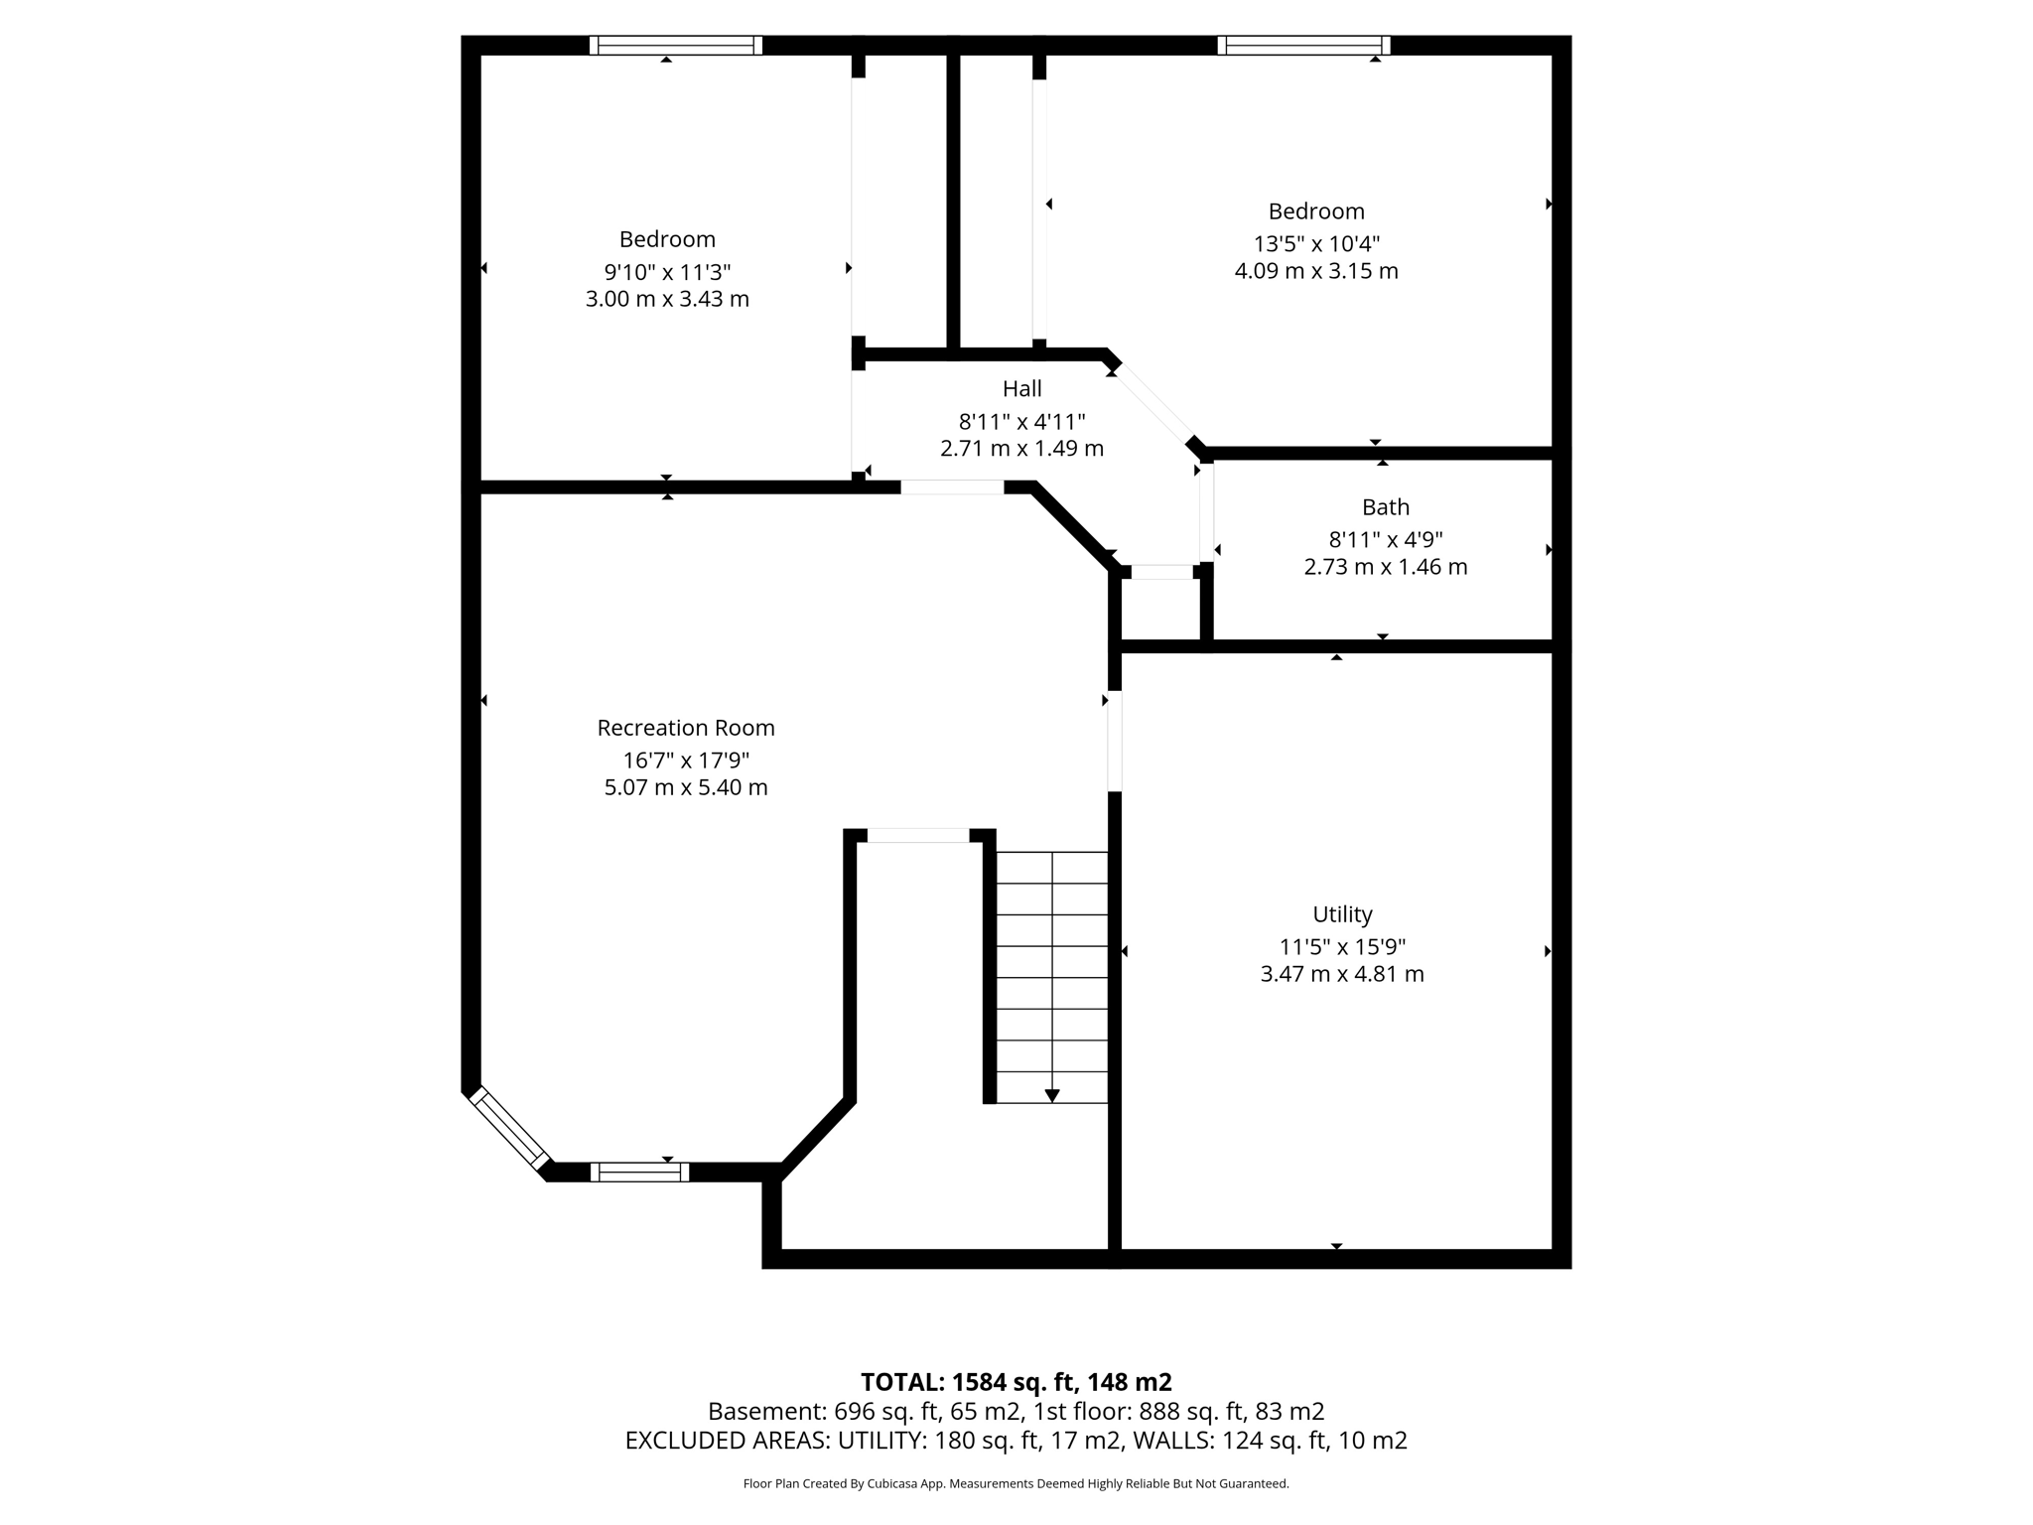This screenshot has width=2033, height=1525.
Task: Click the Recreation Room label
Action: tap(685, 728)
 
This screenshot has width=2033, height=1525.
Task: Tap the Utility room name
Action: tap(1342, 914)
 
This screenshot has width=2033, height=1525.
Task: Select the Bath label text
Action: tap(1385, 507)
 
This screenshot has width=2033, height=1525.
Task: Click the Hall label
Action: tap(1021, 388)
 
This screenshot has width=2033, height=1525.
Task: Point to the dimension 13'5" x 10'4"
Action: tap(1316, 243)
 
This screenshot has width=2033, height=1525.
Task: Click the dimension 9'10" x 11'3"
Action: tap(667, 271)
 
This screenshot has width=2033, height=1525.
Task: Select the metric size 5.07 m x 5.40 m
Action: tap(685, 787)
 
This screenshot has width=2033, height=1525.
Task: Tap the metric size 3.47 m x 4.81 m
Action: tap(1342, 974)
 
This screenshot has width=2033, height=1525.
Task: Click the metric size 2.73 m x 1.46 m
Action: tap(1385, 567)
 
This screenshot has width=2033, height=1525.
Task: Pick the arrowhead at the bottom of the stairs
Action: tap(1052, 1095)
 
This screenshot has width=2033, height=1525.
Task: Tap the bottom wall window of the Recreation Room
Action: tap(639, 1172)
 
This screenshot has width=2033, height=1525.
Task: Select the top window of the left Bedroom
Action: tap(675, 46)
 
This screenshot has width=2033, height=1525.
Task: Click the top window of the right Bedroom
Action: tap(1303, 46)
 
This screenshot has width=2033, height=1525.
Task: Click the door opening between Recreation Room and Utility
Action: tap(1115, 741)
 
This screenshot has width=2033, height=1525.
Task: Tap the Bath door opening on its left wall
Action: tap(1206, 513)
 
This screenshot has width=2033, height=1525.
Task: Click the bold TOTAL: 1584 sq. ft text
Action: tap(1015, 1382)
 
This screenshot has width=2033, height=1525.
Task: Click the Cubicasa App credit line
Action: tap(1016, 1484)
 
